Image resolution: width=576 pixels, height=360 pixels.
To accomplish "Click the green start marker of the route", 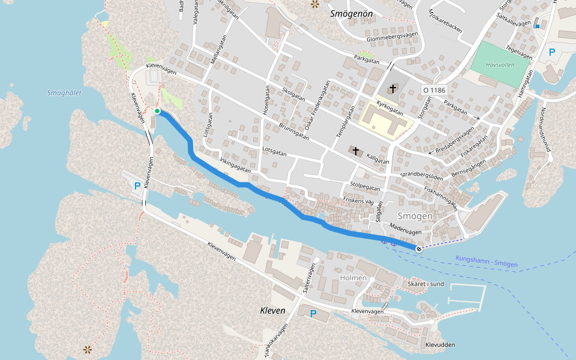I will [x=157, y=111].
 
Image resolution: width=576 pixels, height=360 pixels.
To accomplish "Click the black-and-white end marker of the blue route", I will [x=418, y=248].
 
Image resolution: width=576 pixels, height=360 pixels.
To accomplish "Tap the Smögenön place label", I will [x=352, y=13].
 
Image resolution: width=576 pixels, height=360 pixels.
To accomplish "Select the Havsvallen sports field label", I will [x=501, y=64].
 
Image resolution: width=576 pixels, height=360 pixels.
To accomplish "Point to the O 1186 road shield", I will [x=434, y=90].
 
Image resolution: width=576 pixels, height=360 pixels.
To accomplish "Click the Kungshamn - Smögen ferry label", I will [x=486, y=262].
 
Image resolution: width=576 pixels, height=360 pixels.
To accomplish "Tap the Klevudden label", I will [x=440, y=345].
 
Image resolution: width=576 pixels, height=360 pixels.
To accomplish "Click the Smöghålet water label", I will [x=64, y=93].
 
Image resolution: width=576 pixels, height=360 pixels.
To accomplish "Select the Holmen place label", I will [x=353, y=278].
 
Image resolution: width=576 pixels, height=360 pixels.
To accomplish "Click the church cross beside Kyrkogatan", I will [x=392, y=89].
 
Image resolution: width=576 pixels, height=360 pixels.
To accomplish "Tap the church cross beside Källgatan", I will [x=355, y=151].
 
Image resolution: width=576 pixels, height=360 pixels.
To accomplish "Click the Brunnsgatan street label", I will [x=294, y=131].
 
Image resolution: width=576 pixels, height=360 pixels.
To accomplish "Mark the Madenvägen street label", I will [x=406, y=229].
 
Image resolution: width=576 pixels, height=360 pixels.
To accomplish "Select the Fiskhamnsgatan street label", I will [x=441, y=197].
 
